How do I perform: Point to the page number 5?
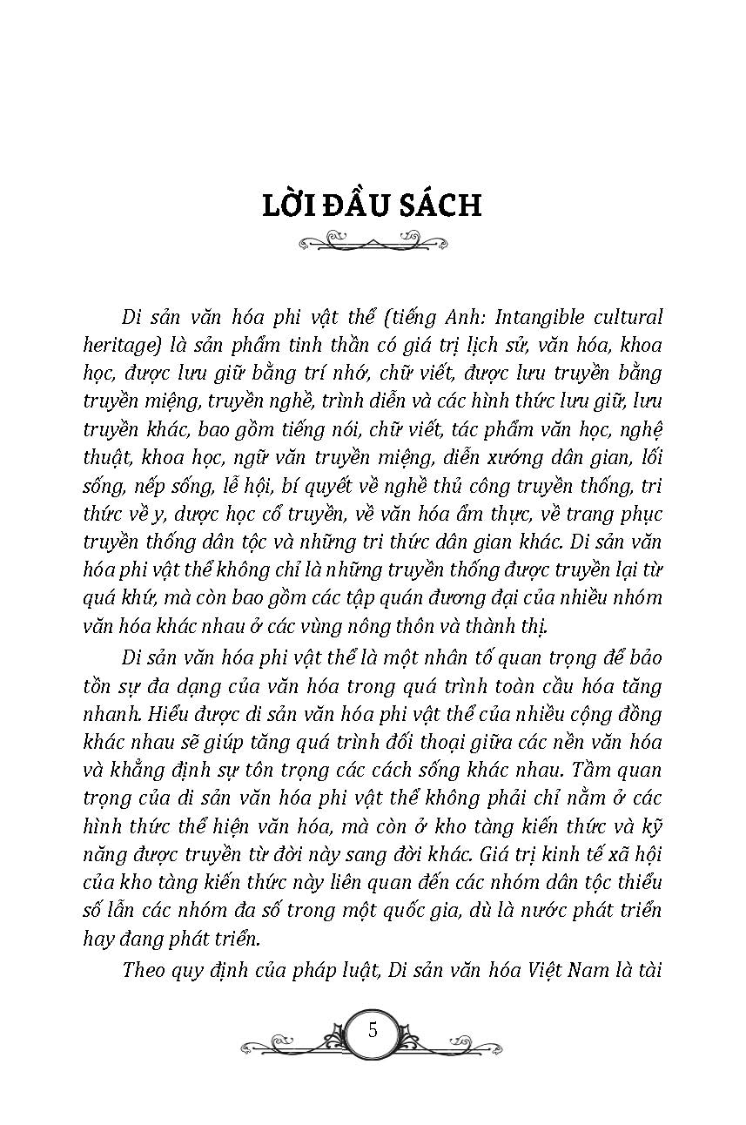pyautogui.click(x=373, y=1031)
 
